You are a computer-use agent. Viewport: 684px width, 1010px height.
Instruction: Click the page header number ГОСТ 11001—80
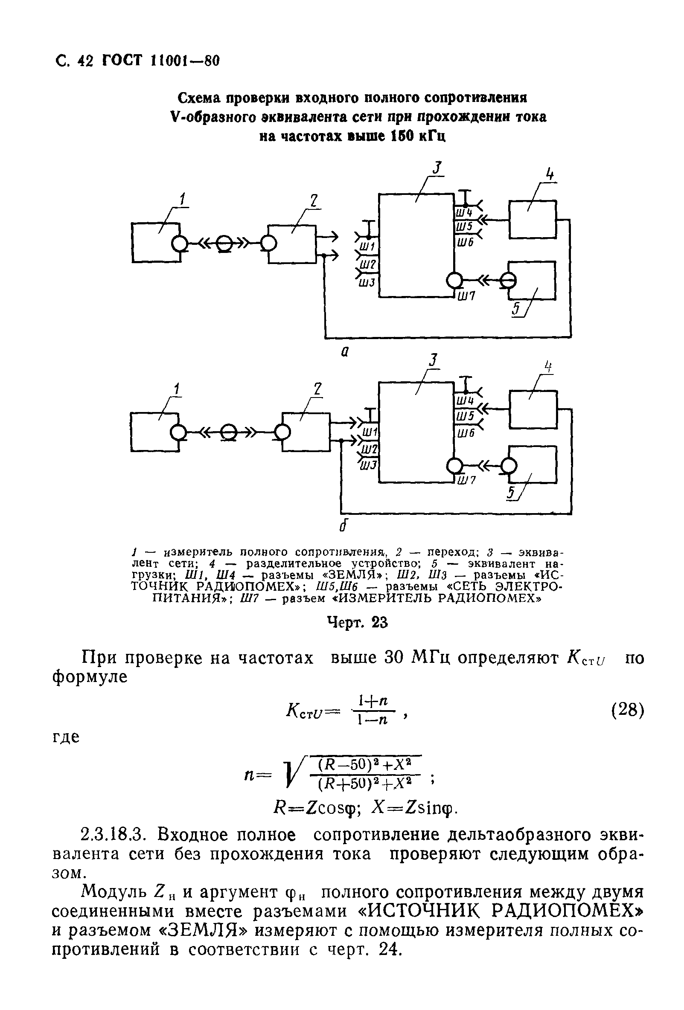tap(160, 61)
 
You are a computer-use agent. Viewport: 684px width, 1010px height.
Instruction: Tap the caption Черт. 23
tap(356, 623)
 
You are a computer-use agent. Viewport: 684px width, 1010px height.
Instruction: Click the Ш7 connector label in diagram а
tap(466, 296)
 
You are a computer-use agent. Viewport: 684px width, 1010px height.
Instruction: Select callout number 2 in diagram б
tap(317, 388)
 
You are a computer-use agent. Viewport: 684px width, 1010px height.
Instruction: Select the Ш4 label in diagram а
tap(464, 213)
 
